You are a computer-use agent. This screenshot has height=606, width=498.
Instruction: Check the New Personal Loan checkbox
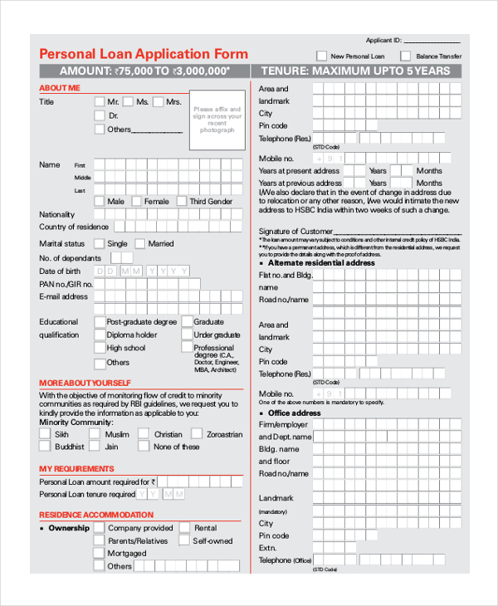pos(322,56)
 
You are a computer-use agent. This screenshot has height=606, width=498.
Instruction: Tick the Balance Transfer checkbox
pos(405,56)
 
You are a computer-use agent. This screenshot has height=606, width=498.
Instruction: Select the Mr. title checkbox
pos(100,102)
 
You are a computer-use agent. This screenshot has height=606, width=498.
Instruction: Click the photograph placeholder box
pos(217,120)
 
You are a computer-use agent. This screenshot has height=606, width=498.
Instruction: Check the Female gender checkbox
pos(137,201)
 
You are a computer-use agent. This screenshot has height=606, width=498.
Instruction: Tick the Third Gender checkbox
pos(182,201)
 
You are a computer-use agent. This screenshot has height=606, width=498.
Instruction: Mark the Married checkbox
pos(140,243)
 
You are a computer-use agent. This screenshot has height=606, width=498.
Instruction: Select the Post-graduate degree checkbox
pos(100,321)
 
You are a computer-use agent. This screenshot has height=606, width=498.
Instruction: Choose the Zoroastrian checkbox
pos(197,433)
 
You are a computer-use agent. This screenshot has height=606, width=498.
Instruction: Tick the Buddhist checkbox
pos(46,447)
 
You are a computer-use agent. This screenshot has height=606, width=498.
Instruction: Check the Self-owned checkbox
pos(185,540)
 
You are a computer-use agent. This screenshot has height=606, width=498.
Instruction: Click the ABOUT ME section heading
pos(60,87)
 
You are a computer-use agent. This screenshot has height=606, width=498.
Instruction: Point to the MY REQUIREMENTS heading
pos(76,469)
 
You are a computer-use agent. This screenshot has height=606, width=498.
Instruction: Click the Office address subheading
pos(294,413)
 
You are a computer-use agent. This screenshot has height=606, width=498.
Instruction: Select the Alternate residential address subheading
pos(321,262)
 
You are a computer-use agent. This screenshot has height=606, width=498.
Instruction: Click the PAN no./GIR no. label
pos(66,284)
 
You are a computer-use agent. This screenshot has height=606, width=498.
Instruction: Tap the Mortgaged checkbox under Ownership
pos(100,553)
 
